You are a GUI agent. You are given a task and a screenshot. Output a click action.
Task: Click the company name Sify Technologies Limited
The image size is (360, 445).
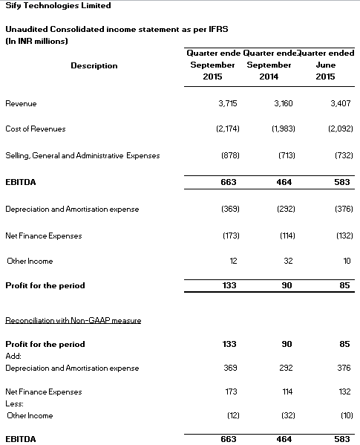pyautogui.click(x=58, y=6)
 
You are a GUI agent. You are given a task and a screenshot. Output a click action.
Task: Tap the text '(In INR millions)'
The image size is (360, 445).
pyautogui.click(x=36, y=40)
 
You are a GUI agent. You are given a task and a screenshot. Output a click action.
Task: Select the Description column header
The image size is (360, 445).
pyautogui.click(x=94, y=65)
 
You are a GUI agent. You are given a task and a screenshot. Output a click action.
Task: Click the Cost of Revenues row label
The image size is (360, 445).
pyautogui.click(x=35, y=129)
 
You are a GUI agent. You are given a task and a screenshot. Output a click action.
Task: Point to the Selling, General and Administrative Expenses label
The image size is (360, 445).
pyautogui.click(x=82, y=155)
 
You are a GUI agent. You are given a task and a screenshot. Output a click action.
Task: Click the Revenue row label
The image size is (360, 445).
pyautogui.click(x=21, y=103)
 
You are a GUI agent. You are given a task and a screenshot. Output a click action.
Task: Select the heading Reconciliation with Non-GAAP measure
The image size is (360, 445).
pyautogui.click(x=73, y=319)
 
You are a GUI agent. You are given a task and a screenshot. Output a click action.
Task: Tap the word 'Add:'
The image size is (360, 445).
pyautogui.click(x=13, y=356)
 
